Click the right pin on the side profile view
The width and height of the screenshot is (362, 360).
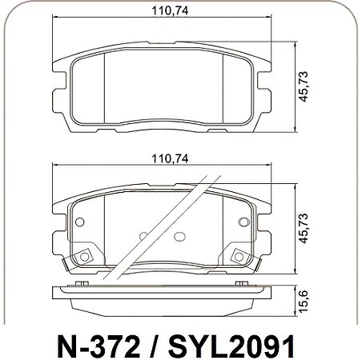(240, 283)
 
